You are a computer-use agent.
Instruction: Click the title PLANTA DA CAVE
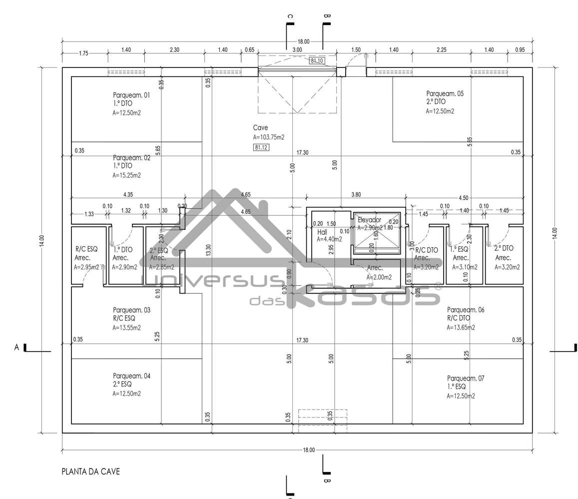coord(90,471)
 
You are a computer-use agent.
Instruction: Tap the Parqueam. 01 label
coord(131,94)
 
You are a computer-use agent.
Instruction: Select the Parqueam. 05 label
coord(445,93)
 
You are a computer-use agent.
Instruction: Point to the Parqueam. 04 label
coord(131,376)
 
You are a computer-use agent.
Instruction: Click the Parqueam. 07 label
coord(466,378)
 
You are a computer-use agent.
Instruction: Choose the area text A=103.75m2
coord(269,137)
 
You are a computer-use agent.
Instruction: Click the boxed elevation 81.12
coord(261,147)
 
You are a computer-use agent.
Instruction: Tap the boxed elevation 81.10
coord(317,60)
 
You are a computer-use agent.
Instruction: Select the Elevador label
coord(369,220)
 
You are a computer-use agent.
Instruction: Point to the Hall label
coord(322,232)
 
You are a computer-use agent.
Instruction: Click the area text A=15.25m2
coord(126,175)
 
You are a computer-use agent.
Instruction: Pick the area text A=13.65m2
coord(461,328)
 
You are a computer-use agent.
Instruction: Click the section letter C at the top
coord(290,16)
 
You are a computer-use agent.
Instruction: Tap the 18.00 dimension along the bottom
coord(309,450)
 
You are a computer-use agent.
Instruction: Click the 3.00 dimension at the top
coord(297,50)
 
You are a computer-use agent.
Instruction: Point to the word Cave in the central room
coord(260,128)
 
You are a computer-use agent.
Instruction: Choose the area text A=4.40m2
coord(330,239)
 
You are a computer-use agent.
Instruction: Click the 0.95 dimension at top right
coord(520,50)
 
